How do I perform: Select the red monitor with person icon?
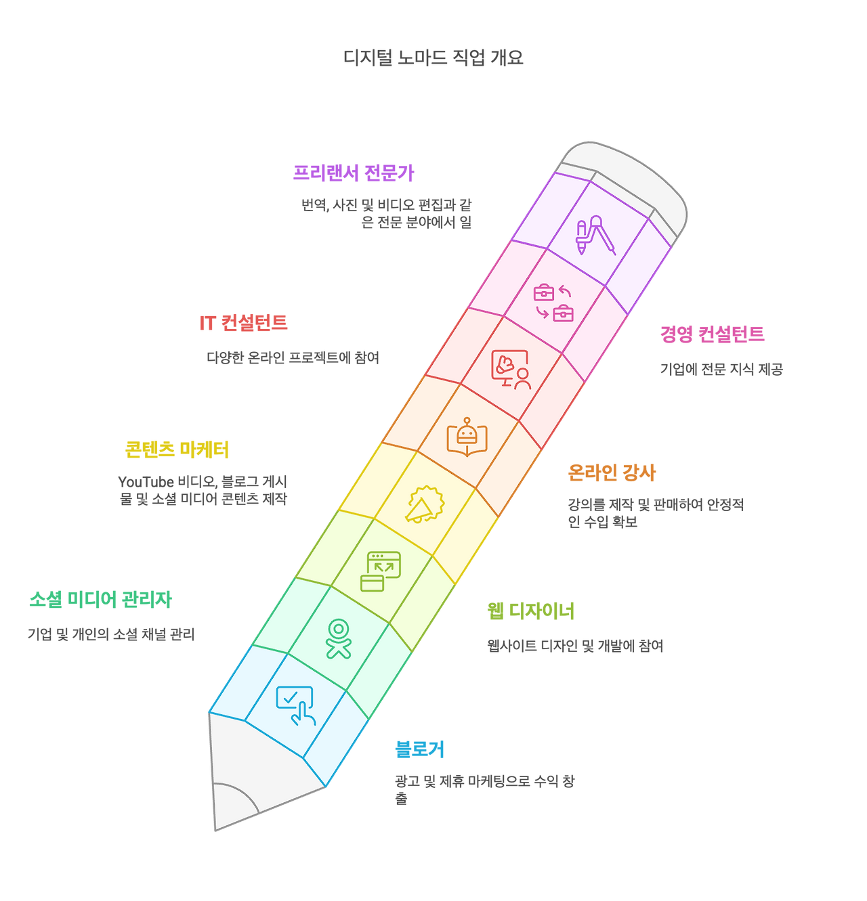tap(511, 369)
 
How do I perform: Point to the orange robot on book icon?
tap(467, 436)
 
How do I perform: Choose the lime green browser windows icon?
tap(380, 571)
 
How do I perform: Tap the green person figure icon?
tap(338, 638)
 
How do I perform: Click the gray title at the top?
tap(433, 58)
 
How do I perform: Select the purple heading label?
tap(353, 173)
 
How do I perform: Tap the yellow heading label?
tap(177, 449)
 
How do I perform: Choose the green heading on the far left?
tap(100, 599)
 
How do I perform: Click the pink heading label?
tap(712, 334)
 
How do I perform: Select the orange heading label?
tap(612, 473)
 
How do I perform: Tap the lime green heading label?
tap(530, 611)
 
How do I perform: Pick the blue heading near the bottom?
tap(419, 749)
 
